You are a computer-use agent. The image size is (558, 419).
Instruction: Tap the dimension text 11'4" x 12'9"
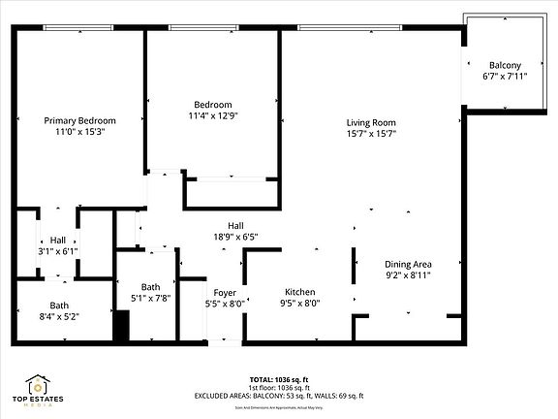212,116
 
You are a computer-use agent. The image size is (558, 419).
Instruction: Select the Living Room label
372,122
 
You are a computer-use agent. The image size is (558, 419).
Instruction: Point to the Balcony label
504,65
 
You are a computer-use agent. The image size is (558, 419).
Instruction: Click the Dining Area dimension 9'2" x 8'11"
408,275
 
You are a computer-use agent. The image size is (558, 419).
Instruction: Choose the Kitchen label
299,292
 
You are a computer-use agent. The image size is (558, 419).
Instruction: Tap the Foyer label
225,292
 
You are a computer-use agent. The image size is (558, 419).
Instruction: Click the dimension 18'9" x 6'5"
234,236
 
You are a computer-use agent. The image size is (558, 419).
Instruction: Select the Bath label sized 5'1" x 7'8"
150,287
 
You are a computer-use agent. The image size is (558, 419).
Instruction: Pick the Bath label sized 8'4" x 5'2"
32,306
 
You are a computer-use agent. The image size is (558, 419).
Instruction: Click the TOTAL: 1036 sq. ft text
279,379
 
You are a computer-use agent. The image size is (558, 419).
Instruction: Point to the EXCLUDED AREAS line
279,397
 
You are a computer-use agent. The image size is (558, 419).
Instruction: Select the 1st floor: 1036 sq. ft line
279,388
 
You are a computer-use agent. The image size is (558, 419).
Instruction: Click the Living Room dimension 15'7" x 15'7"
372,134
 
